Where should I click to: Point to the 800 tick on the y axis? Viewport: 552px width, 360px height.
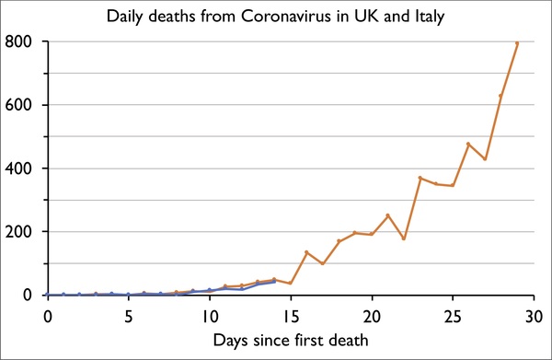(x=20, y=41)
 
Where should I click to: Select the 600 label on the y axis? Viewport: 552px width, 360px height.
(x=20, y=105)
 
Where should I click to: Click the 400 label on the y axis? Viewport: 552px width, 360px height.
(x=20, y=168)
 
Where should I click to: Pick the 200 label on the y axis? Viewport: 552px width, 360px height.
(x=20, y=232)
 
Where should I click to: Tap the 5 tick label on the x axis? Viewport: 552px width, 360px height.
(x=129, y=316)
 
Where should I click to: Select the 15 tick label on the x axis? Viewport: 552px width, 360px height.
(x=291, y=316)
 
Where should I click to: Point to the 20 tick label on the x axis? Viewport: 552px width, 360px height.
(x=372, y=316)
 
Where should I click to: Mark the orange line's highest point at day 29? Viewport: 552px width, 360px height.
(x=517, y=43)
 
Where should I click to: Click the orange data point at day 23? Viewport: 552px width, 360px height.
(x=420, y=178)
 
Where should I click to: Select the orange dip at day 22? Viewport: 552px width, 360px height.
(x=404, y=238)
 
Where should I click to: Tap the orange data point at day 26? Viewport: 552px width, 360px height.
(x=468, y=144)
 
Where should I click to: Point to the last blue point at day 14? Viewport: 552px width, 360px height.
(x=274, y=281)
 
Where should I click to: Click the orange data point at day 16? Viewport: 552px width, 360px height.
(x=306, y=252)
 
